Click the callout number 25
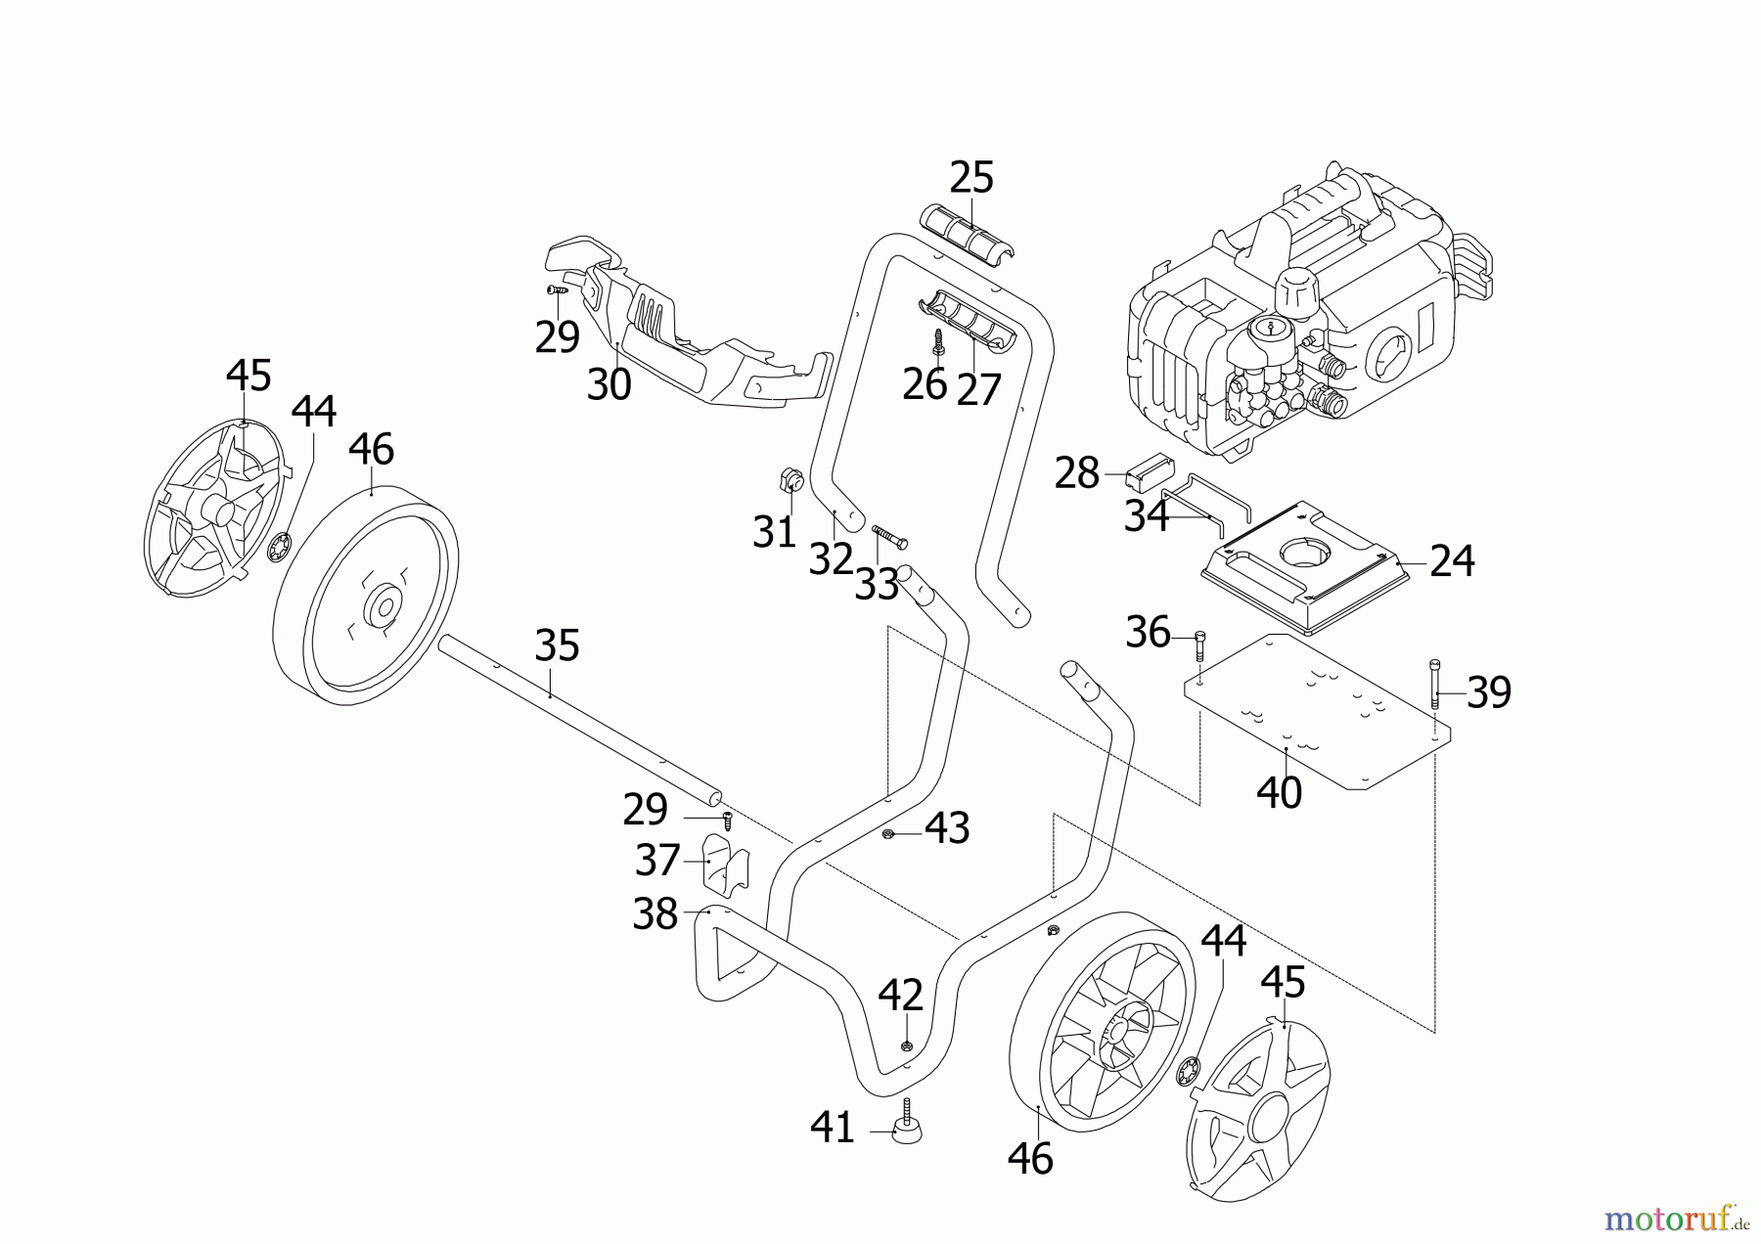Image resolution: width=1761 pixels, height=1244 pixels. [x=971, y=178]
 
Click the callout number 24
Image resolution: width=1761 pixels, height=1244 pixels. [x=1451, y=561]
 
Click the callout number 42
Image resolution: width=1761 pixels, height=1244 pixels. [x=900, y=996]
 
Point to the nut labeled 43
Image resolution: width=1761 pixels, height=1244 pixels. [x=889, y=833]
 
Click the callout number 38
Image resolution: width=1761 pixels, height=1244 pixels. [x=655, y=914]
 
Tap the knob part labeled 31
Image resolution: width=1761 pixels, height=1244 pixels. [x=790, y=481]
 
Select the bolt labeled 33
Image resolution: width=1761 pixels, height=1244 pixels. [x=889, y=537]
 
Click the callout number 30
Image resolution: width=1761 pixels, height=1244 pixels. [x=609, y=384]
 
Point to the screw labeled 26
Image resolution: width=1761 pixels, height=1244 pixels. [x=938, y=343]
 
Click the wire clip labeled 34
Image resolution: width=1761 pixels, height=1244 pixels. [x=1203, y=506]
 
